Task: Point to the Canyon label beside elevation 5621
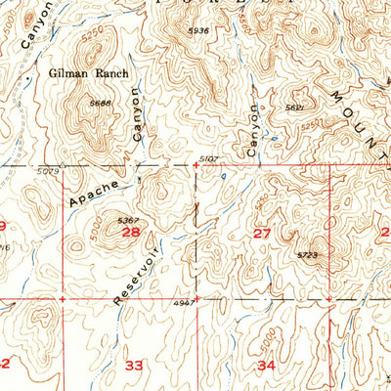254,130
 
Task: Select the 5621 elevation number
293,109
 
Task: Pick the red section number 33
135,365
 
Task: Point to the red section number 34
266,365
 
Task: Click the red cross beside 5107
196,165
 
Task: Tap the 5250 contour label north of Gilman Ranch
94,33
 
